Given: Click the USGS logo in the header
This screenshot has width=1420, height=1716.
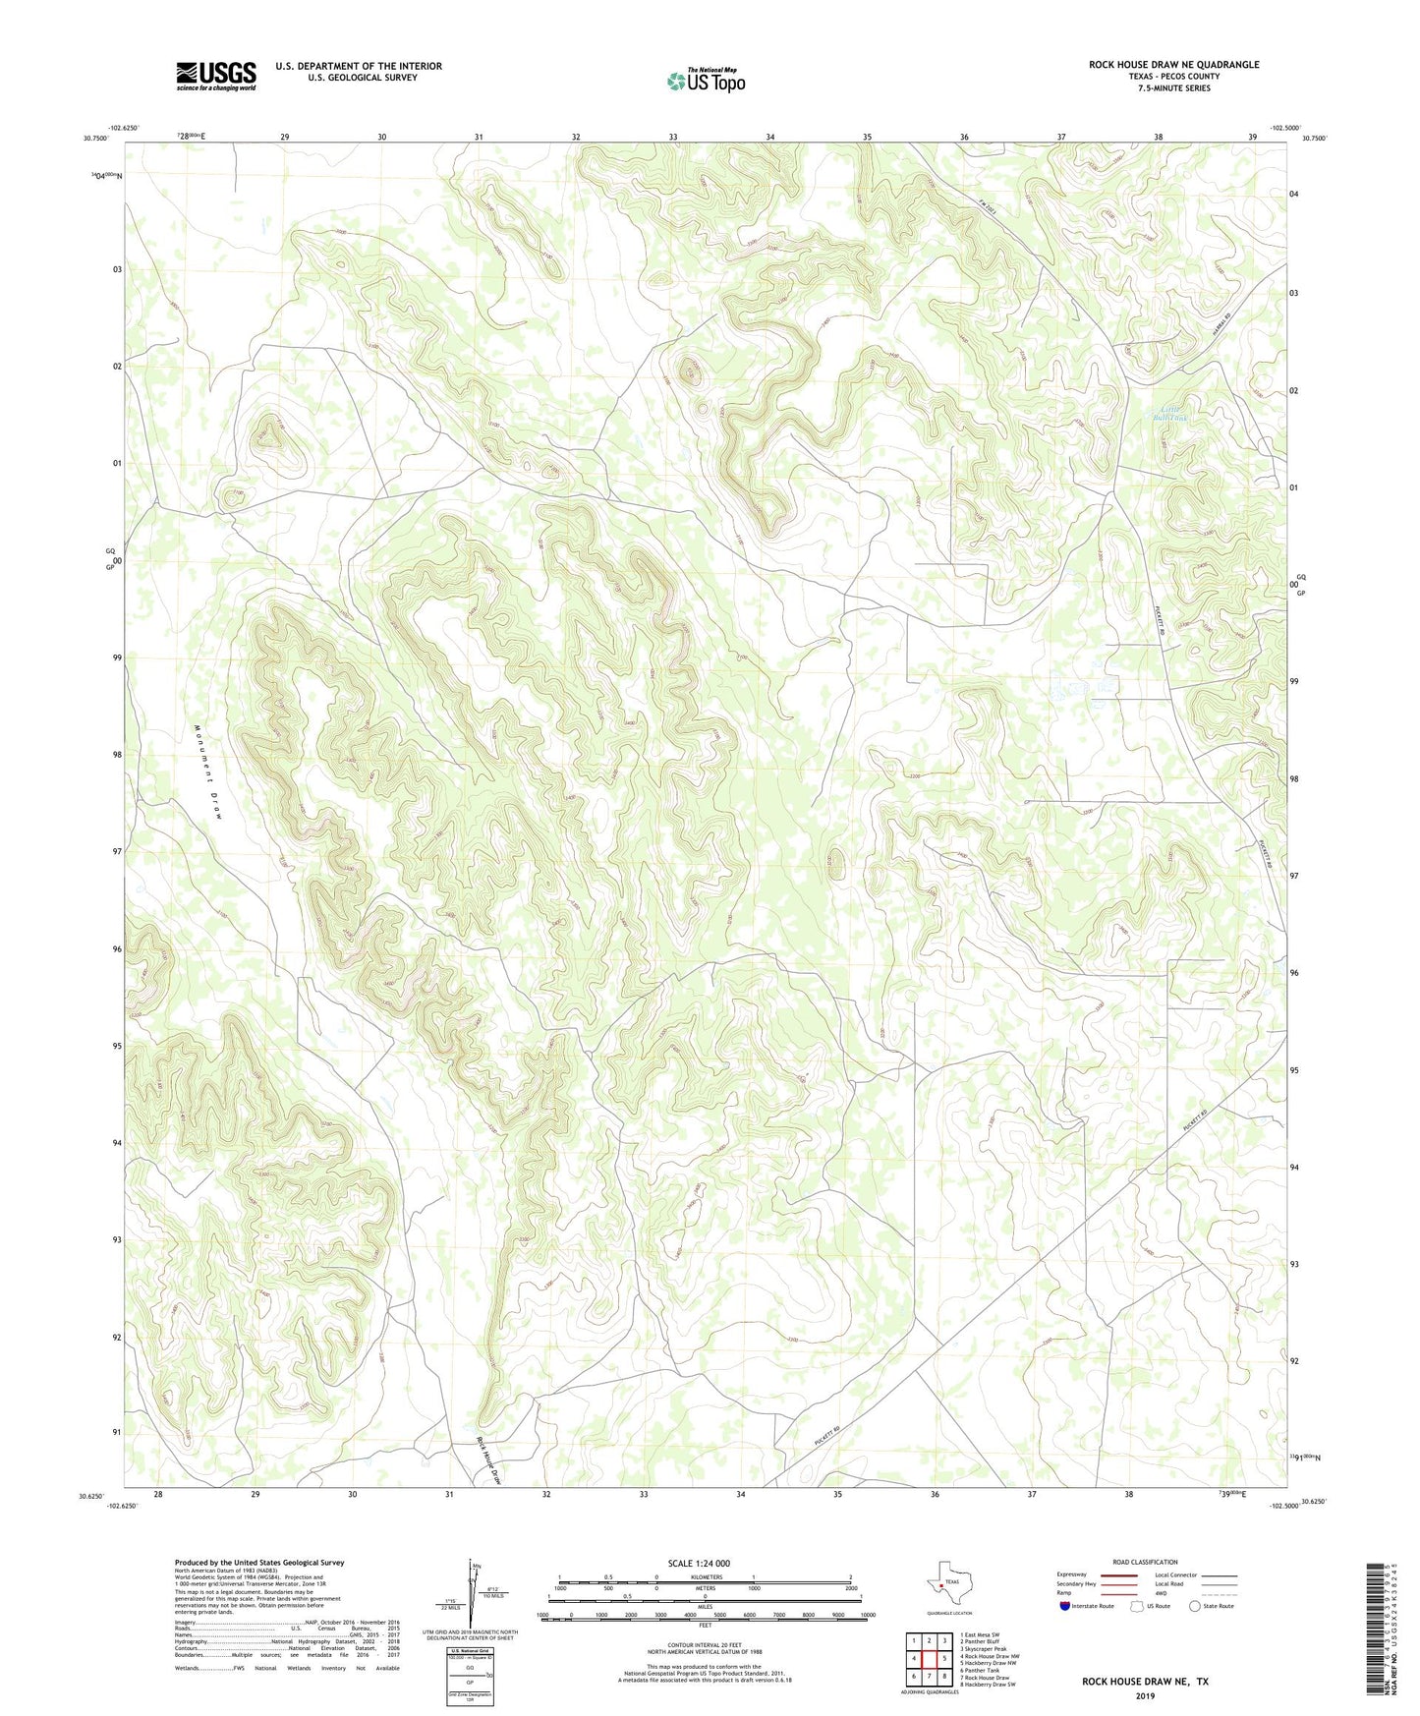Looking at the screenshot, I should coord(216,76).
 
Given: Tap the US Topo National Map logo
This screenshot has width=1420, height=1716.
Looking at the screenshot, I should coord(706,80).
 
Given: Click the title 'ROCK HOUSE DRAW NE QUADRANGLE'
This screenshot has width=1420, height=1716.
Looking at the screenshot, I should coord(1173,65).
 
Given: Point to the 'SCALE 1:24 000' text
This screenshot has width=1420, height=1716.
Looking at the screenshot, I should coord(699,1563).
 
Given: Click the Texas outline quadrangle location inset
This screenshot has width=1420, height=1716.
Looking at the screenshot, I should coord(948,1583).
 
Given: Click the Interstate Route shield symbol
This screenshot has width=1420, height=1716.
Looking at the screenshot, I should coord(1065,1607).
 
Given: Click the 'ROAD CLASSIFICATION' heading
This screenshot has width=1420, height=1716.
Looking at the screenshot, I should coord(1145,1562).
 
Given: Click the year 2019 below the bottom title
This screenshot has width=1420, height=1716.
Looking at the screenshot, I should coord(1145,1695).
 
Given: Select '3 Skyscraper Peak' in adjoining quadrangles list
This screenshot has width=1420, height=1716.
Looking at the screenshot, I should coord(984,1648).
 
